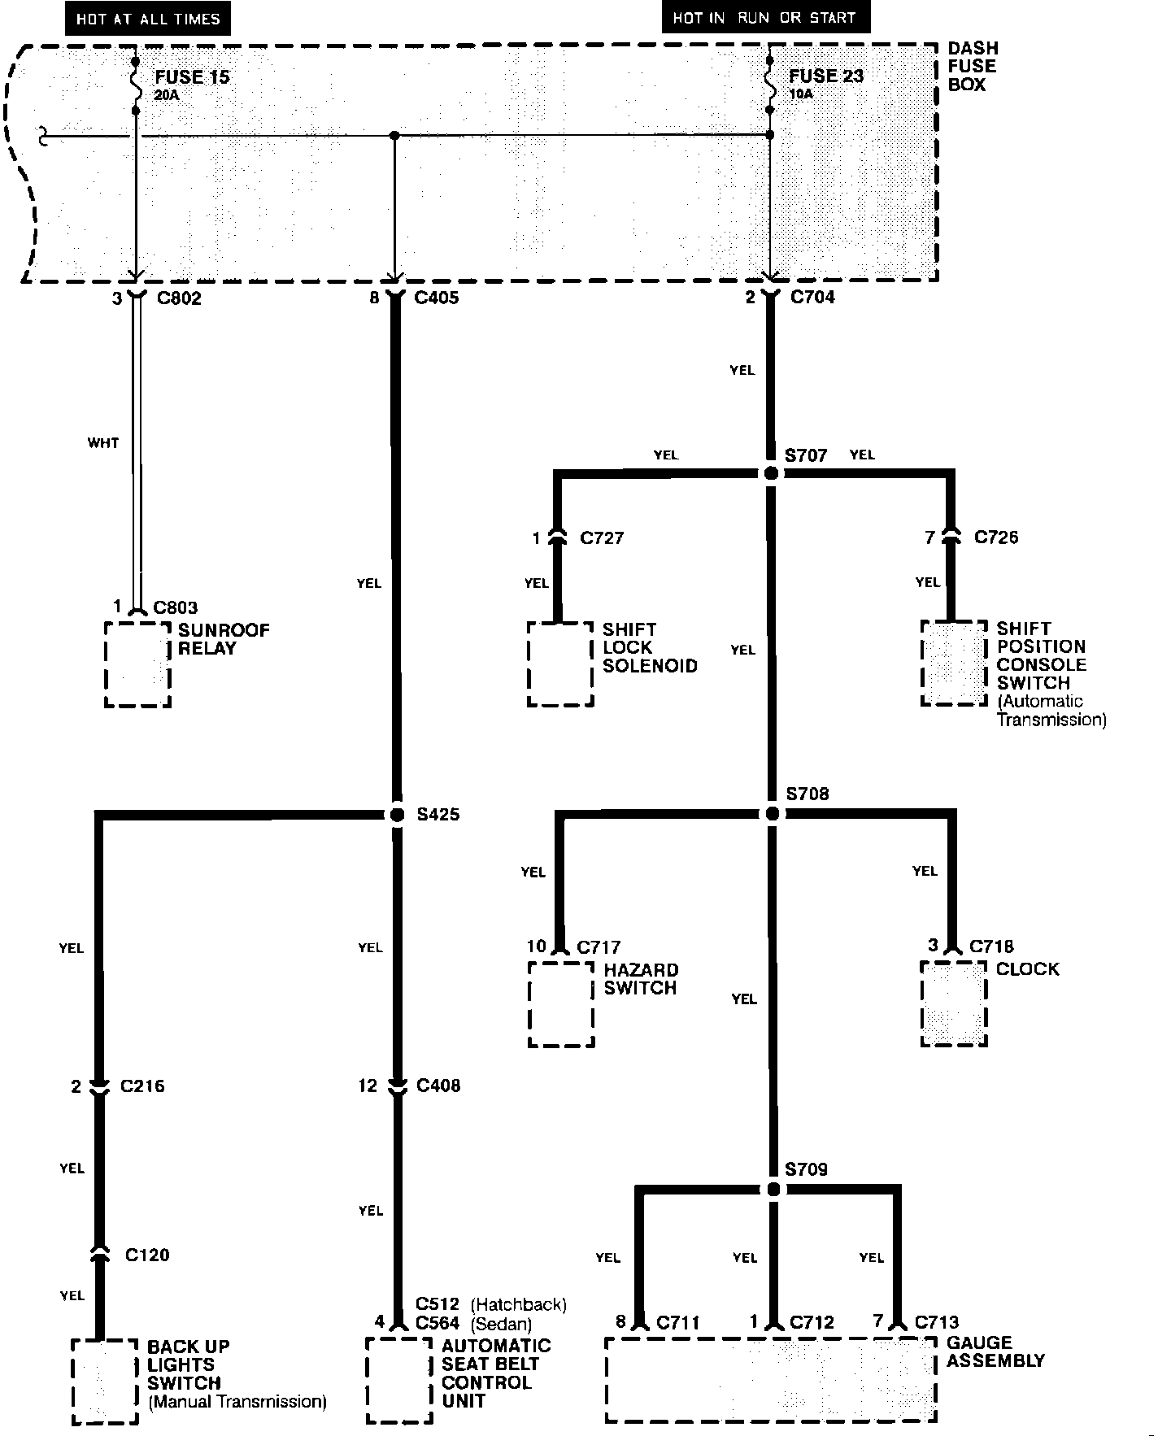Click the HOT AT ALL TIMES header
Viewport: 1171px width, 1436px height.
(x=148, y=19)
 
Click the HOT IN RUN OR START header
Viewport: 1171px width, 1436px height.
(x=764, y=17)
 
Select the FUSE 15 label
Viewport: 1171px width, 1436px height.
(x=192, y=77)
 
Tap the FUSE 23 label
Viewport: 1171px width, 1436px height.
(x=826, y=76)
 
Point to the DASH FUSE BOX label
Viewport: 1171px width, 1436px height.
(x=973, y=67)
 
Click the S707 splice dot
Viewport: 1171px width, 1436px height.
(x=772, y=472)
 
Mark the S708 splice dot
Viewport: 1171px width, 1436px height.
(x=772, y=813)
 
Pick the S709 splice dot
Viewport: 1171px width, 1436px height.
(x=773, y=1190)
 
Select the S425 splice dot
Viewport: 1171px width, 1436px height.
(x=397, y=814)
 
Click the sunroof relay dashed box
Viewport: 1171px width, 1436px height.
(x=137, y=665)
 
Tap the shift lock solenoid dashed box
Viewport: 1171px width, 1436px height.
(x=560, y=664)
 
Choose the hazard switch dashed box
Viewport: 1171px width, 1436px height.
(x=561, y=1004)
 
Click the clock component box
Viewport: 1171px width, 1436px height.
(x=954, y=1004)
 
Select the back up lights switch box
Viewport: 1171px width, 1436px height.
(x=104, y=1382)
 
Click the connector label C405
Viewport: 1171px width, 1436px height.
(x=436, y=298)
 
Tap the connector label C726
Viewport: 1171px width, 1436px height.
(x=996, y=537)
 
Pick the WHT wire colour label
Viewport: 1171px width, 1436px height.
(x=103, y=443)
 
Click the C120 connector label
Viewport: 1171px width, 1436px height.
(x=147, y=1255)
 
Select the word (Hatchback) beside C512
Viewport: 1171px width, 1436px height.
(x=519, y=1304)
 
